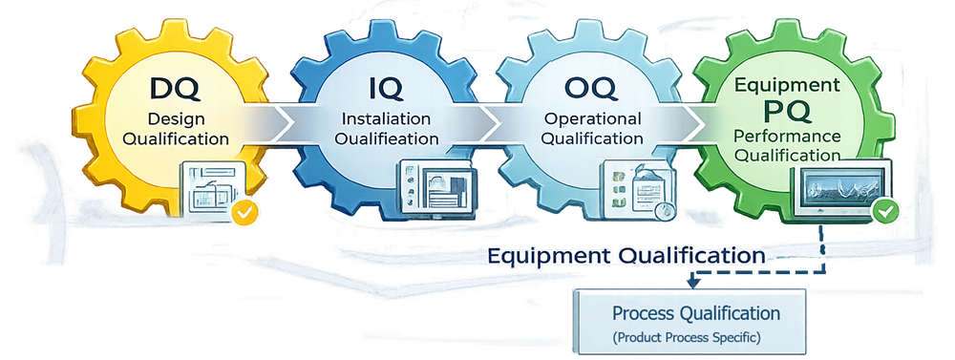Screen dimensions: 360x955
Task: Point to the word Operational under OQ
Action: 592,118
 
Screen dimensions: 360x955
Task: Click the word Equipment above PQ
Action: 787,86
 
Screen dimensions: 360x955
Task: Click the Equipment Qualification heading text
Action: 626,256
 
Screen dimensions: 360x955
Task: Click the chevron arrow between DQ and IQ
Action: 278,120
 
